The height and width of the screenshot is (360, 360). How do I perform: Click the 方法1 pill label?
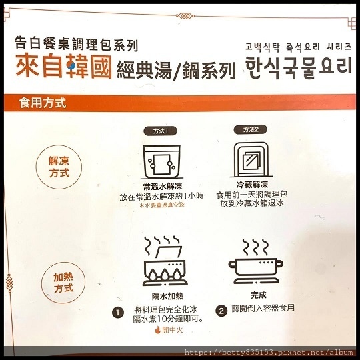click(x=160, y=131)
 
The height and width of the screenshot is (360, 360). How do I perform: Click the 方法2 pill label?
click(x=251, y=130)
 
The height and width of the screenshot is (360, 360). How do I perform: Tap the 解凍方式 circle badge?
click(x=59, y=167)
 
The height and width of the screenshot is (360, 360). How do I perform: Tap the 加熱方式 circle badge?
click(x=63, y=283)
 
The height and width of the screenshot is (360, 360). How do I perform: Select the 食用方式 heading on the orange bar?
click(x=43, y=103)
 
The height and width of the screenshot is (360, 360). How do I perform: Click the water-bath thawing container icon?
click(x=161, y=162)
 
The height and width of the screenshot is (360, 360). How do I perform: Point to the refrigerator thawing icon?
click(x=251, y=160)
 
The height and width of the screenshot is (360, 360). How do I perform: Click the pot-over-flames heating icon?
click(x=165, y=261)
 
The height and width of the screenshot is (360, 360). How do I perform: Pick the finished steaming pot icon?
click(x=256, y=261)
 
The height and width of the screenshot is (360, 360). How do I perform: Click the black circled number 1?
click(x=118, y=313)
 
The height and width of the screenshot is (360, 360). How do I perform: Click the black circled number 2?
click(x=221, y=311)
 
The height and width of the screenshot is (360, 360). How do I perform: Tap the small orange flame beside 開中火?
click(x=158, y=330)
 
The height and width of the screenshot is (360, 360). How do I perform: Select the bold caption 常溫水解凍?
click(x=162, y=186)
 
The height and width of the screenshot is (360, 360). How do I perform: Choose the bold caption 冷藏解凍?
click(x=252, y=185)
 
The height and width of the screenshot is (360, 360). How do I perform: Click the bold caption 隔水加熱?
click(x=167, y=296)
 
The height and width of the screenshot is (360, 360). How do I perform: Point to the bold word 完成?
click(x=259, y=295)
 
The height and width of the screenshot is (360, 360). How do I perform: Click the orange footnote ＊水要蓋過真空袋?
click(x=162, y=205)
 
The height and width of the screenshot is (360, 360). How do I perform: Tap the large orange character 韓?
click(x=77, y=66)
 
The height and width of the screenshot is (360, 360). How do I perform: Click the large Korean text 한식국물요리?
click(x=298, y=67)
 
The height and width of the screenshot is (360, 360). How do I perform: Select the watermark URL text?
click(x=269, y=352)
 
